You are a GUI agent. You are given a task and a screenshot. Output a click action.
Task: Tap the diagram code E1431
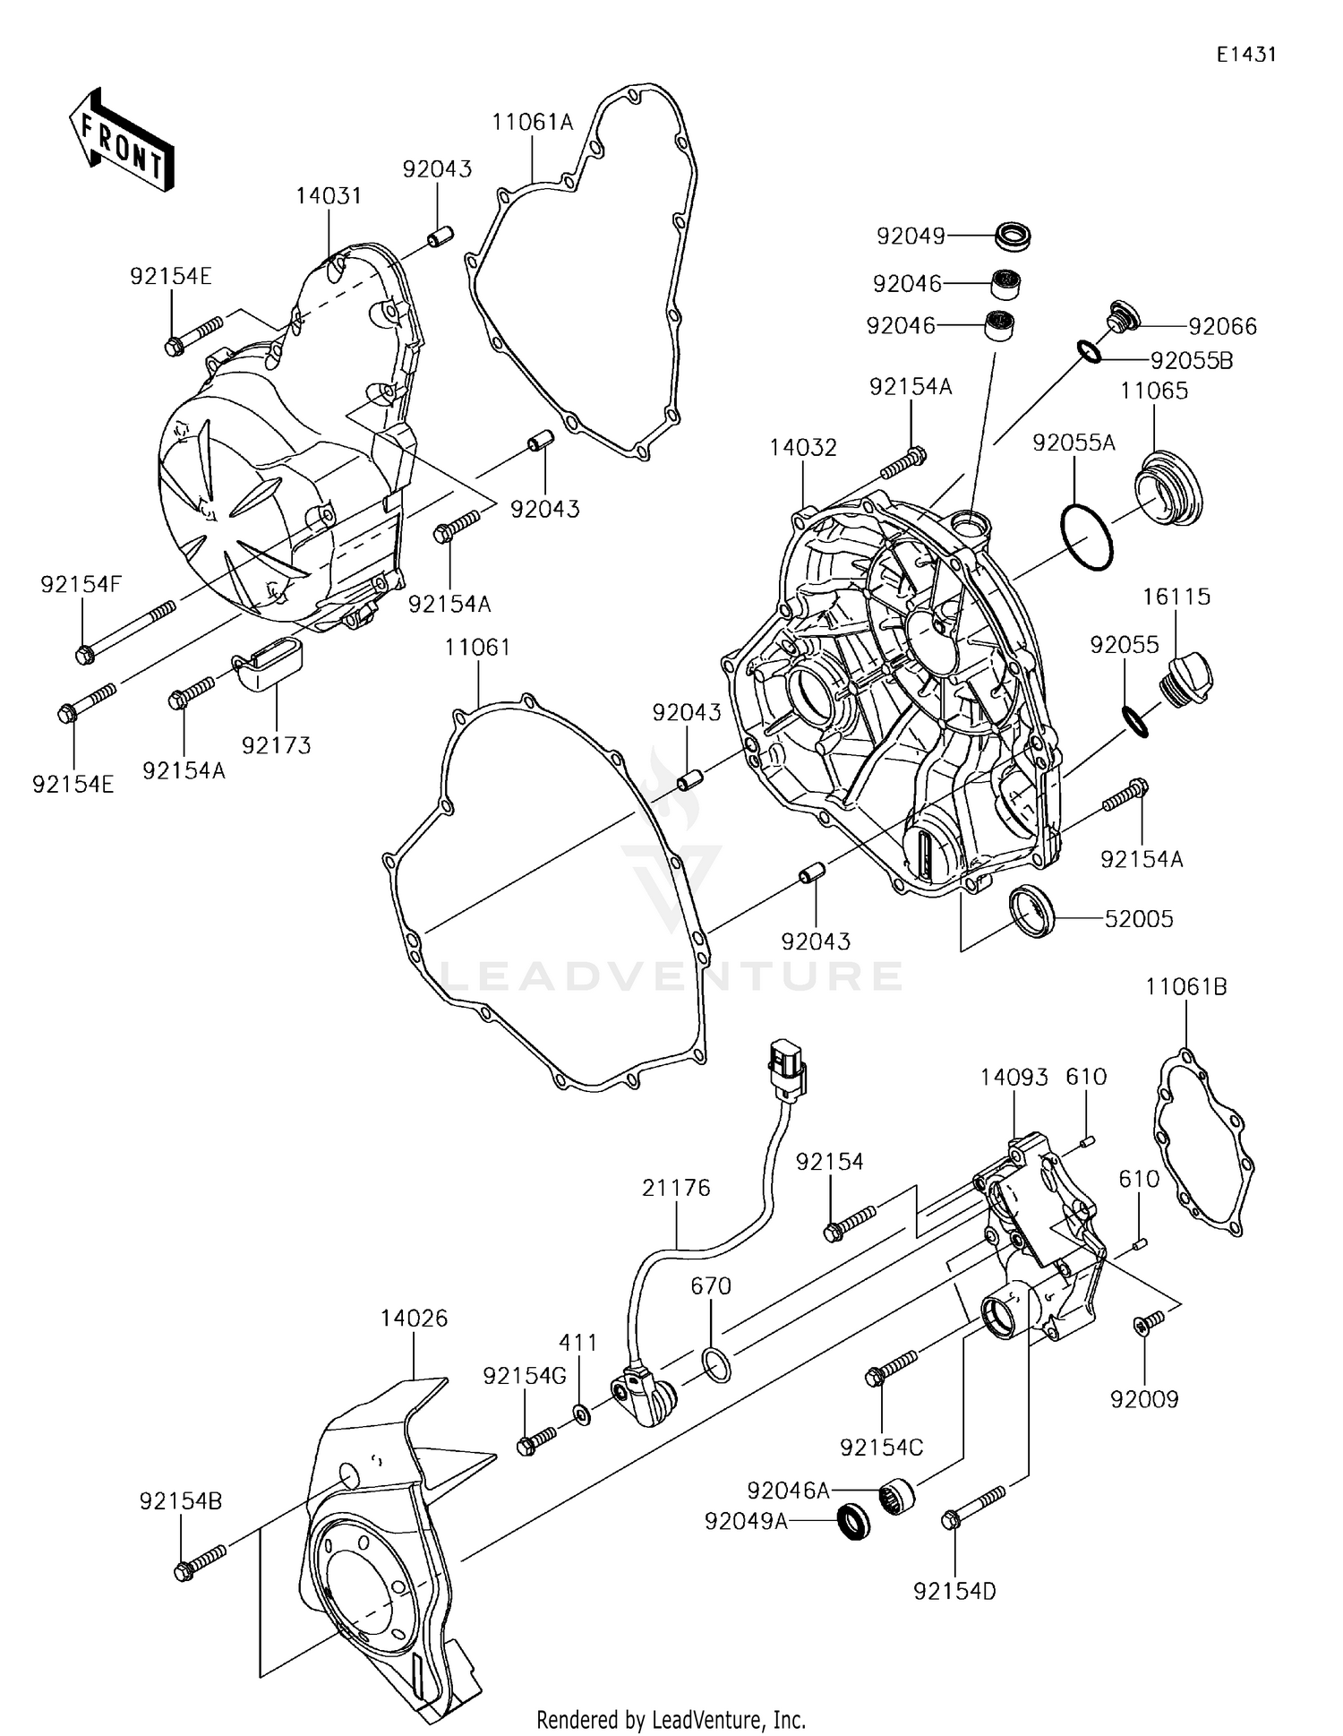point(1245,55)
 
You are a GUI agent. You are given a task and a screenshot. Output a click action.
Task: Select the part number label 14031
point(329,196)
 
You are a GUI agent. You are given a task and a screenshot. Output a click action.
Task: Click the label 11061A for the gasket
point(532,123)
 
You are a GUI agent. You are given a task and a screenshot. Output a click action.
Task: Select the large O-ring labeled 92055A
point(1086,537)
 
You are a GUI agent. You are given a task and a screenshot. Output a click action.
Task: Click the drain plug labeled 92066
point(1122,316)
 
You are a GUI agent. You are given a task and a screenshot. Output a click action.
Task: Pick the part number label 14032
point(803,447)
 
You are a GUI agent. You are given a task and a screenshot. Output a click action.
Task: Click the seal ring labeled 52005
point(1032,911)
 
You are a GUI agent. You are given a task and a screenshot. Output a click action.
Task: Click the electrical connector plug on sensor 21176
point(787,1066)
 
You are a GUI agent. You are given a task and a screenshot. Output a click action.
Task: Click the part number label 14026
point(413,1319)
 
